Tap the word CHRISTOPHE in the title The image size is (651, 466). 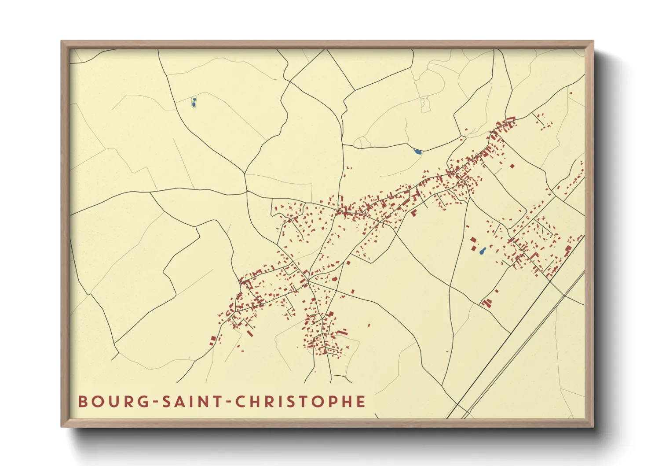(300, 402)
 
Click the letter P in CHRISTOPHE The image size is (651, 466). (332, 402)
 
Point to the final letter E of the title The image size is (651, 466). (361, 402)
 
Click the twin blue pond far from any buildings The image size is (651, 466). (194, 103)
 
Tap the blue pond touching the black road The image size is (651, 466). (417, 152)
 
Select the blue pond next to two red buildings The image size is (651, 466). (483, 251)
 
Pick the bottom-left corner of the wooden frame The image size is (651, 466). (62, 426)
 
